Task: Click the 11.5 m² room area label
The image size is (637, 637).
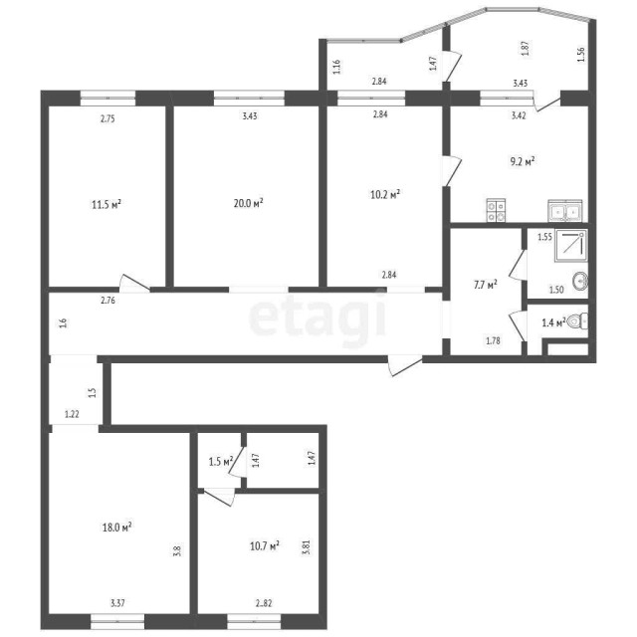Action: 106,205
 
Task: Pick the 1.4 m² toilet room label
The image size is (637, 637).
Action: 552,322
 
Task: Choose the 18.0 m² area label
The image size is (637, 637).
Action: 117,529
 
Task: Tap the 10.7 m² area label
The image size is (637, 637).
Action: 263,545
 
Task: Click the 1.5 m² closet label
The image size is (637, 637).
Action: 220,462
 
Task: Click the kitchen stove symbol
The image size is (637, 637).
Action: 497,210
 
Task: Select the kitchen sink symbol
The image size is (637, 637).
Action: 564,210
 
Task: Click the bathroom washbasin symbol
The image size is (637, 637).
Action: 582,281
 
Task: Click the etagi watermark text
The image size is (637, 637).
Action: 317,318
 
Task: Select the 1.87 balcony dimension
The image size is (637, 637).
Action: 525,47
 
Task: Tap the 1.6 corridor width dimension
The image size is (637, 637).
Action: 63,322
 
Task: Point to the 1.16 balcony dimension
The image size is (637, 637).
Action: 337,68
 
